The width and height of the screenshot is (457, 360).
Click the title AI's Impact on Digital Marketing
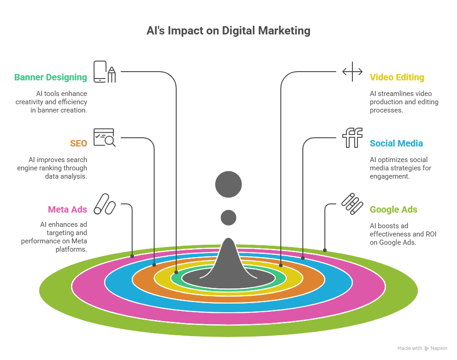tap(228, 31)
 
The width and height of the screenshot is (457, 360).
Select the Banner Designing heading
tap(50, 77)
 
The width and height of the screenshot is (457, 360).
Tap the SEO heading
tap(78, 143)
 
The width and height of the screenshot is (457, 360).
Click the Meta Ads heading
tap(67, 209)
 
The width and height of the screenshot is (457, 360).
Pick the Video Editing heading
tap(397, 77)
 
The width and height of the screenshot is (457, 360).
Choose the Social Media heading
tap(396, 143)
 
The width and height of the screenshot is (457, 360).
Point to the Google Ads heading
tap(393, 209)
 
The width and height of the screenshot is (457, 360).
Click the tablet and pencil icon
tap(105, 72)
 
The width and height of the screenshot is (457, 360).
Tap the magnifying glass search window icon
tap(104, 137)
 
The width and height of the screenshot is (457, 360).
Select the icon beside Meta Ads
tap(104, 204)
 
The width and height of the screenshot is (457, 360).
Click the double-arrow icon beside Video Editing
tap(352, 72)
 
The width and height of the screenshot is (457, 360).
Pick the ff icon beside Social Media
tap(352, 138)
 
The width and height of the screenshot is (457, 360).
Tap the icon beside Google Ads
tap(352, 204)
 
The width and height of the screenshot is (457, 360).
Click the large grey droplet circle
tap(228, 184)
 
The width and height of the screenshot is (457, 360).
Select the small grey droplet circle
tap(228, 217)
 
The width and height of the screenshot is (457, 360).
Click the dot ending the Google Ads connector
tap(325, 250)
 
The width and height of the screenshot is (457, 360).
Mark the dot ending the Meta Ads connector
tap(133, 256)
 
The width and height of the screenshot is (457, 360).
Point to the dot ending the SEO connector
tap(154, 265)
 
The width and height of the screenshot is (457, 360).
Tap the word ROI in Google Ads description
tap(430, 234)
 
